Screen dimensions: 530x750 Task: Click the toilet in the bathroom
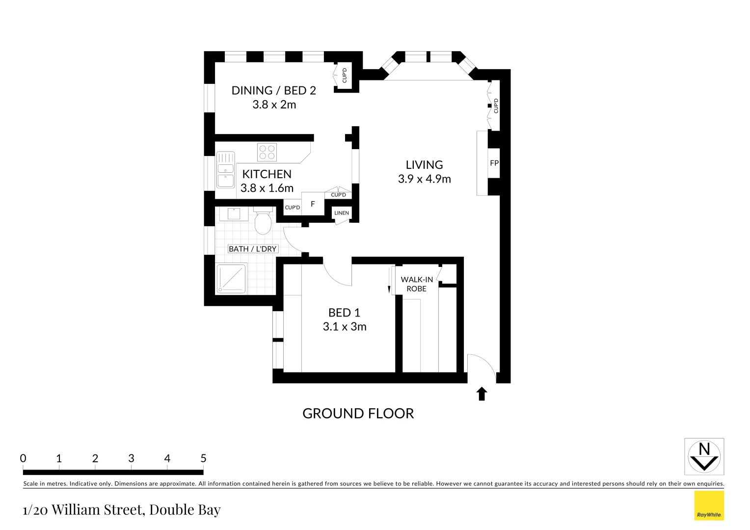[x=263, y=222]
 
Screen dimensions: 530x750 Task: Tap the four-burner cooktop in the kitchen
[x=267, y=152]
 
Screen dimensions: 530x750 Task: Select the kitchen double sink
[x=226, y=170]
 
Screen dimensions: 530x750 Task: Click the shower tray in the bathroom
[x=231, y=279]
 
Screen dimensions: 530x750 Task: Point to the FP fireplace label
[x=494, y=163]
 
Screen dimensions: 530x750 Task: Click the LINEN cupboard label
[x=342, y=213]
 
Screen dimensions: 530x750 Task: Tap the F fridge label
[x=313, y=204]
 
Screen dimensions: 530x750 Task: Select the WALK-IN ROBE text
[x=417, y=284]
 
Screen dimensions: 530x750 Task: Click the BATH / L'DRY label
[x=253, y=249]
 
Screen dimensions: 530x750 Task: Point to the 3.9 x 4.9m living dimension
[x=425, y=179]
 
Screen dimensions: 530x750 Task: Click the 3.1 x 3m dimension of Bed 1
[x=345, y=327]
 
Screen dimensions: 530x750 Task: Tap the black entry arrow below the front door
[x=482, y=394]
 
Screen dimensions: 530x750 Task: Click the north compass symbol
[x=704, y=456]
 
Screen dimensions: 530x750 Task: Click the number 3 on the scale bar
[x=131, y=458]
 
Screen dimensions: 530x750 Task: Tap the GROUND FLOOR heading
[x=358, y=414]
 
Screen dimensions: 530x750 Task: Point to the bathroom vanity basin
[x=233, y=214]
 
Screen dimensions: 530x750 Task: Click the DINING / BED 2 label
[x=273, y=91]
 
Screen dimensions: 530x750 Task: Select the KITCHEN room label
[x=267, y=174]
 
